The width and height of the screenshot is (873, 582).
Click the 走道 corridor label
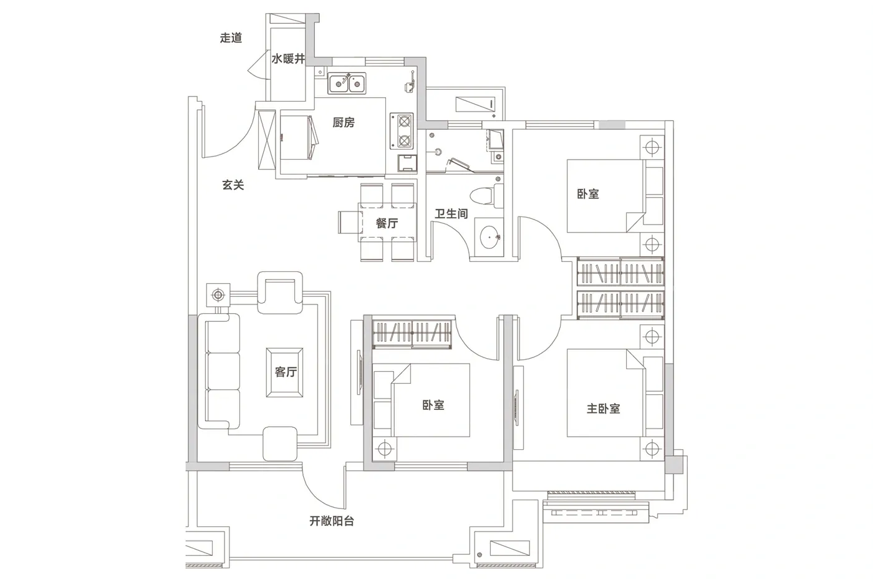click(231, 38)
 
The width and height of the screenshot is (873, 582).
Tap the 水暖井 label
click(288, 59)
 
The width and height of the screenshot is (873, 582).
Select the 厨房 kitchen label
click(344, 122)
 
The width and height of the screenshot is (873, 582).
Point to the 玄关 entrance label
click(233, 185)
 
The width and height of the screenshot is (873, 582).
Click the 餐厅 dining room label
click(387, 223)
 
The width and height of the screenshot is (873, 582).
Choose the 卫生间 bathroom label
click(451, 213)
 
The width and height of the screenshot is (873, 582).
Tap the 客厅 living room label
click(286, 372)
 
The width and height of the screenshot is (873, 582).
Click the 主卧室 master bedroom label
click(604, 409)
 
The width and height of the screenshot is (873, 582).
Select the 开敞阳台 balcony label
click(332, 521)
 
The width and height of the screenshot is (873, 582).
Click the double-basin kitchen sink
click(347, 84)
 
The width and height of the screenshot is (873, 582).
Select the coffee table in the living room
click(284, 372)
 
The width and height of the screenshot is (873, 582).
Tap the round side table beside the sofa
click(218, 294)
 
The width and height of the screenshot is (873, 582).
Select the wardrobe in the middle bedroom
click(412, 334)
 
